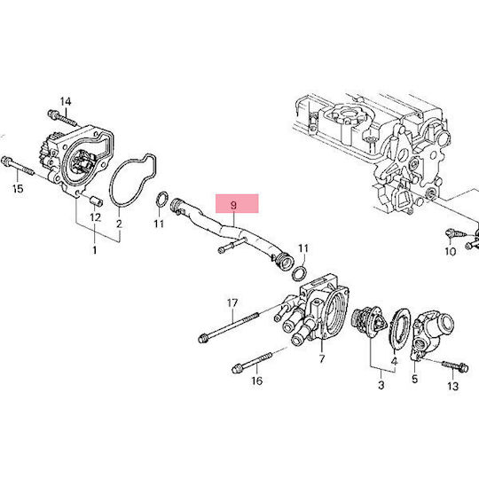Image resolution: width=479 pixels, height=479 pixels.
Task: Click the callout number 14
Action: (66, 101)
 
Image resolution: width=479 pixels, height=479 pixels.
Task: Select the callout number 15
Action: (18, 188)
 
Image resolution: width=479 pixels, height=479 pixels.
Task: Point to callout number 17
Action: (232, 303)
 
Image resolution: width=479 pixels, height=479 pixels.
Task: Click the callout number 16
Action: (257, 381)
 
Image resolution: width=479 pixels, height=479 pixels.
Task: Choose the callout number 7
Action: (322, 359)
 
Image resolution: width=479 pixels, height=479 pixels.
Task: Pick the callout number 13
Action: (453, 386)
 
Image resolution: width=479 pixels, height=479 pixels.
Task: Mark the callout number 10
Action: (450, 251)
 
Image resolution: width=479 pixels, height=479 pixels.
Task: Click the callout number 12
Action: (95, 217)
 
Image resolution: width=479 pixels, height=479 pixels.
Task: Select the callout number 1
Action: (95, 250)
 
